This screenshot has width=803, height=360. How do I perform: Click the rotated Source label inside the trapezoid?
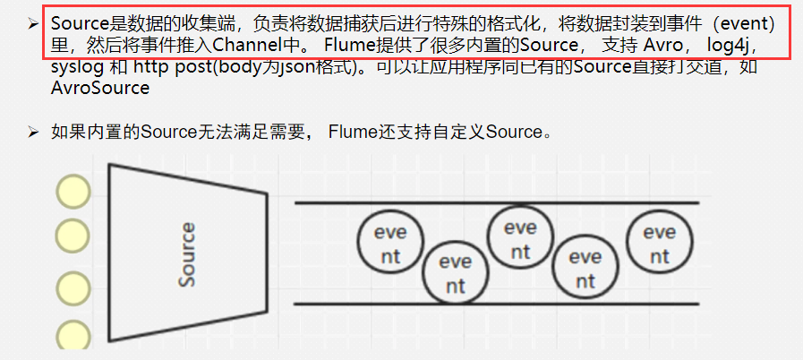coord(187,255)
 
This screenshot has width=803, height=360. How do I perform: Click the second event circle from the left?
coord(455,273)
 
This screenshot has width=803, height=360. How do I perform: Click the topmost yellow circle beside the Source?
coord(73,191)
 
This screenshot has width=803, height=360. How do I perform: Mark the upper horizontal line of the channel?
coord(497,202)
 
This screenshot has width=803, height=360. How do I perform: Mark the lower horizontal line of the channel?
coord(497,304)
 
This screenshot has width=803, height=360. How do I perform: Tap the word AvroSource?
coord(100,89)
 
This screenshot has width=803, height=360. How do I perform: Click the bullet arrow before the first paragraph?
coord(32,21)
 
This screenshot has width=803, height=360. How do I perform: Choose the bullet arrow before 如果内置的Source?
coord(32,133)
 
